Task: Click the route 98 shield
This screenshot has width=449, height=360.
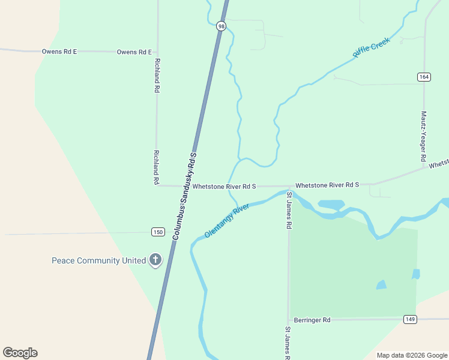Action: click(x=221, y=26)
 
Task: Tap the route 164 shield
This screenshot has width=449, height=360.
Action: click(x=424, y=77)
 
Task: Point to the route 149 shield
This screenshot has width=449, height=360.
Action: click(x=410, y=319)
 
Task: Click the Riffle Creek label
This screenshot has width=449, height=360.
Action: click(x=371, y=47)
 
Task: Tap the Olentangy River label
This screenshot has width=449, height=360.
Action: click(x=226, y=220)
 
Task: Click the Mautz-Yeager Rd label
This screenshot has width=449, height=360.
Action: click(x=423, y=136)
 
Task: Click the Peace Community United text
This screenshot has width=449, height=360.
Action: click(x=98, y=260)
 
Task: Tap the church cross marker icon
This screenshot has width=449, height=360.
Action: click(x=155, y=260)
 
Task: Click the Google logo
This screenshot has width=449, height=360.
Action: click(x=20, y=353)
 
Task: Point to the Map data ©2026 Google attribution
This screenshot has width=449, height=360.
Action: click(x=412, y=355)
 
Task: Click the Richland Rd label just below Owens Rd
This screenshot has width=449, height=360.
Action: click(x=157, y=76)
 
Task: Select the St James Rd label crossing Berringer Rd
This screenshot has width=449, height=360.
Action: click(x=288, y=342)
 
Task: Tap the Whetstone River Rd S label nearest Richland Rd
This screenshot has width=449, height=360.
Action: click(x=224, y=187)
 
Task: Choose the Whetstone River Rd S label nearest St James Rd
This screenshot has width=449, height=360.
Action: click(x=327, y=185)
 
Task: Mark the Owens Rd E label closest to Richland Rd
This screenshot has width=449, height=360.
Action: click(x=134, y=52)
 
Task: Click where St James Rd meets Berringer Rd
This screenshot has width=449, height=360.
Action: click(x=289, y=320)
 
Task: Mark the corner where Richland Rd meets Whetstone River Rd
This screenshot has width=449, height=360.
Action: click(x=157, y=185)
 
